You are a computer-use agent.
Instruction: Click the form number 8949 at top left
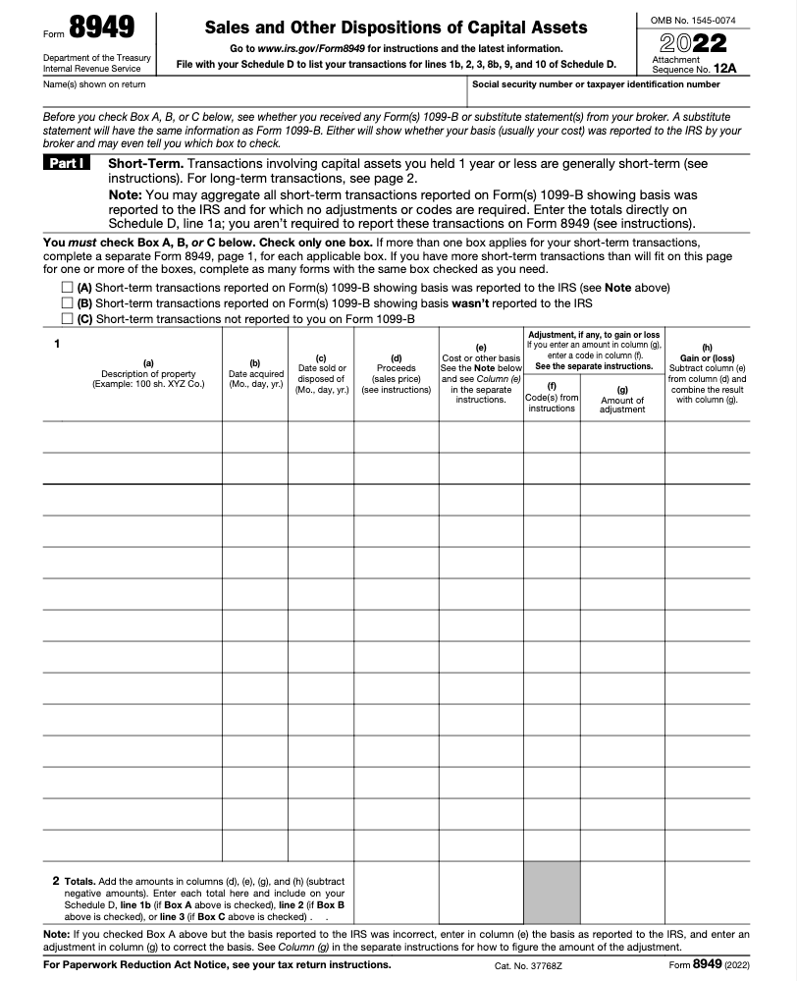click(x=102, y=27)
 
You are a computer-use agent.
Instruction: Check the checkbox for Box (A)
click(x=67, y=288)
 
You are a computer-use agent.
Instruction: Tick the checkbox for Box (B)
click(x=67, y=303)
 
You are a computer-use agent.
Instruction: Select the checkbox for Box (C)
click(x=67, y=319)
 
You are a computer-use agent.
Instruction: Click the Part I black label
click(x=68, y=163)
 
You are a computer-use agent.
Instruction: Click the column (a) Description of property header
click(x=148, y=374)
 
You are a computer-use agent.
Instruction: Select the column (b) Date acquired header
click(x=255, y=374)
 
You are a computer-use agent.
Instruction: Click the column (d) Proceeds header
click(x=396, y=374)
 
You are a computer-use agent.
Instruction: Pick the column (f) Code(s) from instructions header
click(x=552, y=397)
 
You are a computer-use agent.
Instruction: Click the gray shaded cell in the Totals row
click(x=552, y=893)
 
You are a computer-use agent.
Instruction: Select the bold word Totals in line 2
click(x=79, y=881)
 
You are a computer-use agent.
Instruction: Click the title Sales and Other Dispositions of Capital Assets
click(x=396, y=27)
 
